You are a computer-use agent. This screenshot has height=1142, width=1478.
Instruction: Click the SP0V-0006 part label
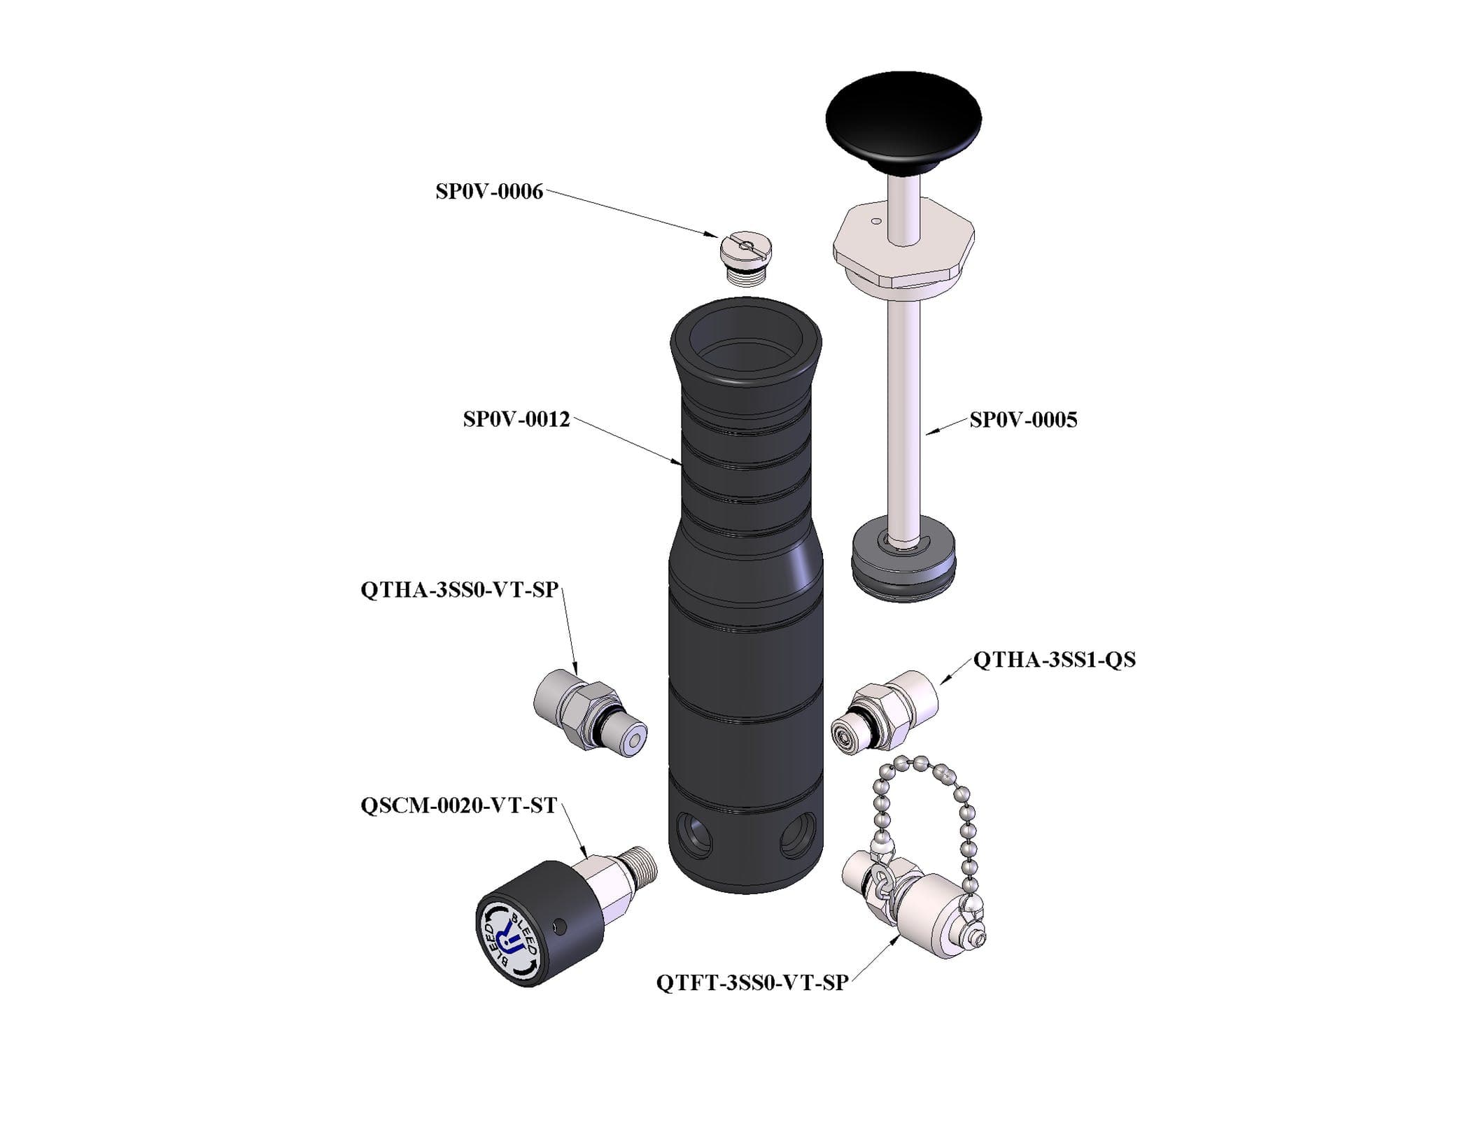click(x=488, y=192)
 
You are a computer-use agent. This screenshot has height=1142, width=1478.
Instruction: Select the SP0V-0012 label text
click(x=516, y=420)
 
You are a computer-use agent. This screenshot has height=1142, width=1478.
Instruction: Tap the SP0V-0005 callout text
click(x=1023, y=420)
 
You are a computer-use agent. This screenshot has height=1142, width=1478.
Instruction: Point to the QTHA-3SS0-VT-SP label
click(x=459, y=590)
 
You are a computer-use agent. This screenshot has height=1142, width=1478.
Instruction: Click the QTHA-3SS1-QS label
click(x=1054, y=659)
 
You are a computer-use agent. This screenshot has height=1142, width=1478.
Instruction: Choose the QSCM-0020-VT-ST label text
click(x=458, y=806)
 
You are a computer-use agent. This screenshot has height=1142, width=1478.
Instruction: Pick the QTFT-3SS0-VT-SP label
click(x=752, y=983)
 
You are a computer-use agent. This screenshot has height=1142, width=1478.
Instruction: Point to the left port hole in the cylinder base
click(x=695, y=834)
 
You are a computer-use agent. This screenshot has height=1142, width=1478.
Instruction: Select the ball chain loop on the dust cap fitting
click(x=924, y=812)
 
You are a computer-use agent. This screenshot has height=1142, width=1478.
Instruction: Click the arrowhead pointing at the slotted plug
click(x=712, y=236)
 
